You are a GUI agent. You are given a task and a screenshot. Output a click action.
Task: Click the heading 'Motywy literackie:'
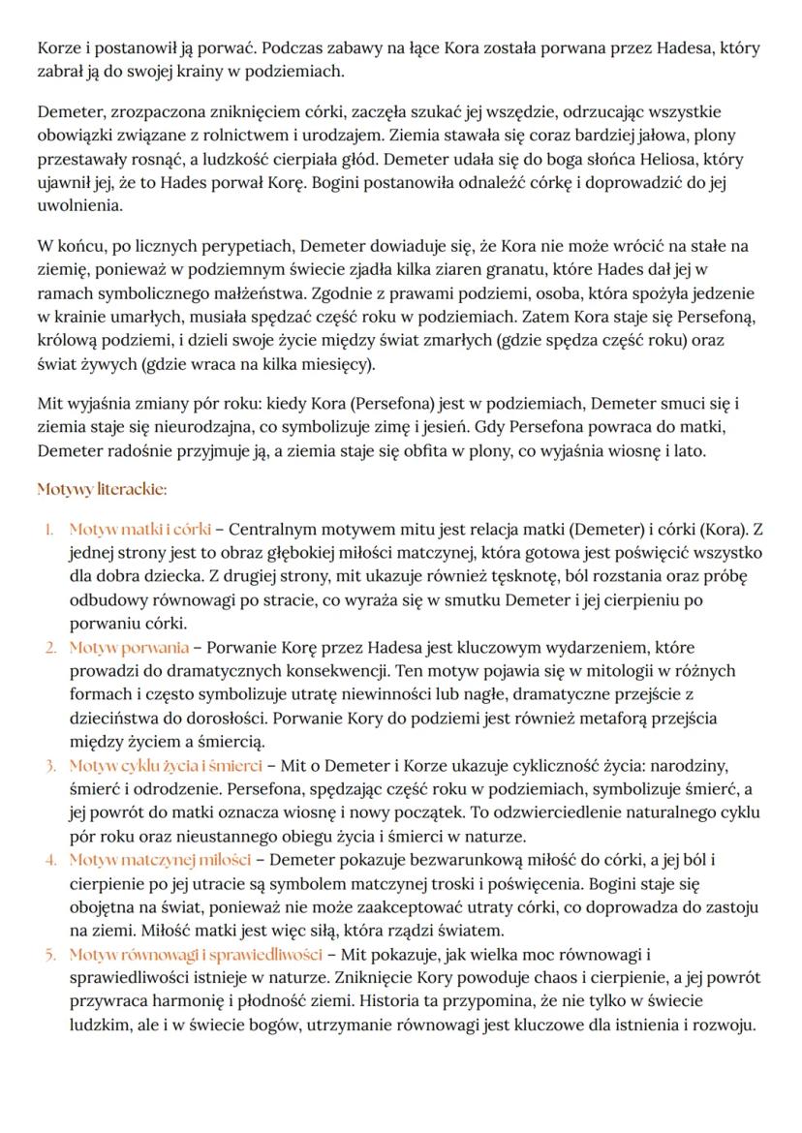[102, 489]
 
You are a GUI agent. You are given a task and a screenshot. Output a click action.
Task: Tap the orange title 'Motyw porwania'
[129, 648]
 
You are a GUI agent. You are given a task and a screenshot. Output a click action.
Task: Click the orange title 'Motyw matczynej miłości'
[160, 859]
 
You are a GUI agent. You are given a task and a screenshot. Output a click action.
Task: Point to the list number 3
[50, 765]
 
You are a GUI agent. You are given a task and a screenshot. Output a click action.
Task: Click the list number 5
[50, 954]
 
